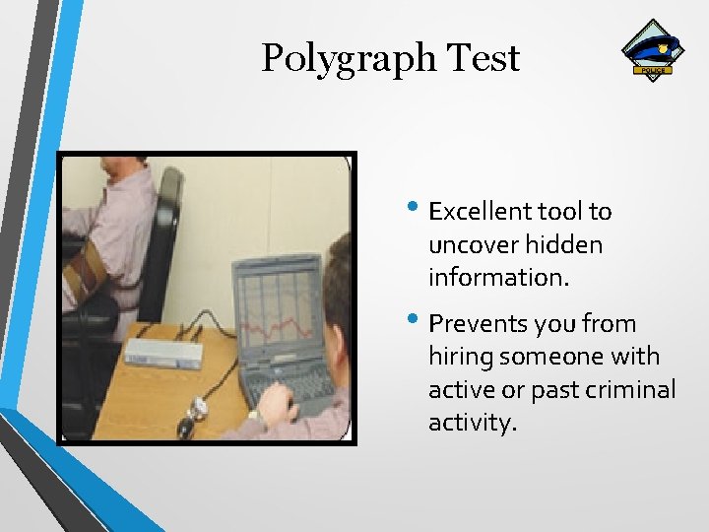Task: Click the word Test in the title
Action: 483,58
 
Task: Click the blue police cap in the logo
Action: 653,45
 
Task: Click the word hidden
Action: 564,244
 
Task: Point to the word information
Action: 498,278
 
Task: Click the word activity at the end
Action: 472,424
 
